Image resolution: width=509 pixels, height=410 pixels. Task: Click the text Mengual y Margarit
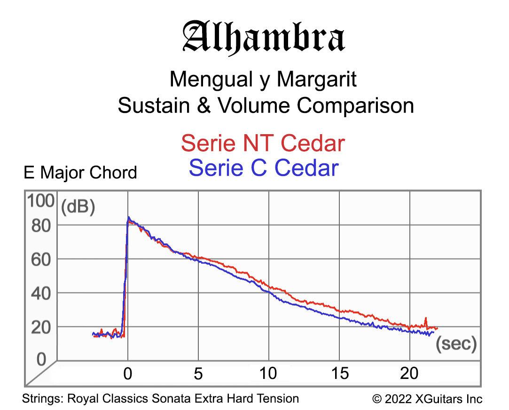point(263,79)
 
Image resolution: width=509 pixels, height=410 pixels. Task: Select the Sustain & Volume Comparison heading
point(266,105)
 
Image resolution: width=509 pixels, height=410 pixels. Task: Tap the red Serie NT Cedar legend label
point(263,143)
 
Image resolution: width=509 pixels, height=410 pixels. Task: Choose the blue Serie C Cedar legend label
point(263,168)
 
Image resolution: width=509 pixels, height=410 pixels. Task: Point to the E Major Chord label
point(80,173)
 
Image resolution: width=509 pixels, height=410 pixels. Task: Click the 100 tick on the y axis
point(41,201)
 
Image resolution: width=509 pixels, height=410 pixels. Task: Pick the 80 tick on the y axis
point(41,225)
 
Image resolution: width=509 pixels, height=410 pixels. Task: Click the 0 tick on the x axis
point(128,374)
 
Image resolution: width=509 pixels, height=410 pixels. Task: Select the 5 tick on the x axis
point(198,374)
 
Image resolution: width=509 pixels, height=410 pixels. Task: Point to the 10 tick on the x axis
point(269,374)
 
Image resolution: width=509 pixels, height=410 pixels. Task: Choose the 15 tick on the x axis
point(339,374)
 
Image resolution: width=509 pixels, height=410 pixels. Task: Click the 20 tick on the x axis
point(409,374)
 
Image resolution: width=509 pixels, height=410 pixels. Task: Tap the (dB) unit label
point(78,207)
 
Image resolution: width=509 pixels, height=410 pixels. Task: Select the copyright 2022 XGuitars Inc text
point(427,399)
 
